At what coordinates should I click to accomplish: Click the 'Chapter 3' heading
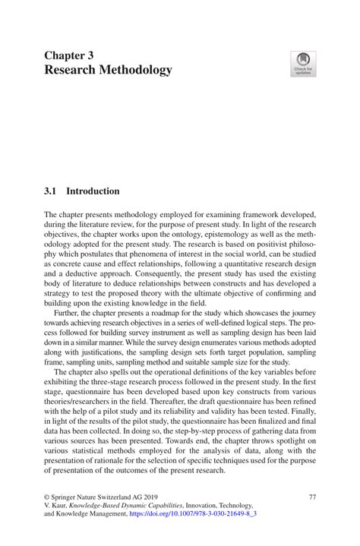coord(69,55)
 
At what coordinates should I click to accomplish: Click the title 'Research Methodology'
coord(108,71)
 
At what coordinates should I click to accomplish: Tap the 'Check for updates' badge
coord(303,64)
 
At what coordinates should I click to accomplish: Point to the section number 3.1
coord(51,191)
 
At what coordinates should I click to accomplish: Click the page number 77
coord(311,497)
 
